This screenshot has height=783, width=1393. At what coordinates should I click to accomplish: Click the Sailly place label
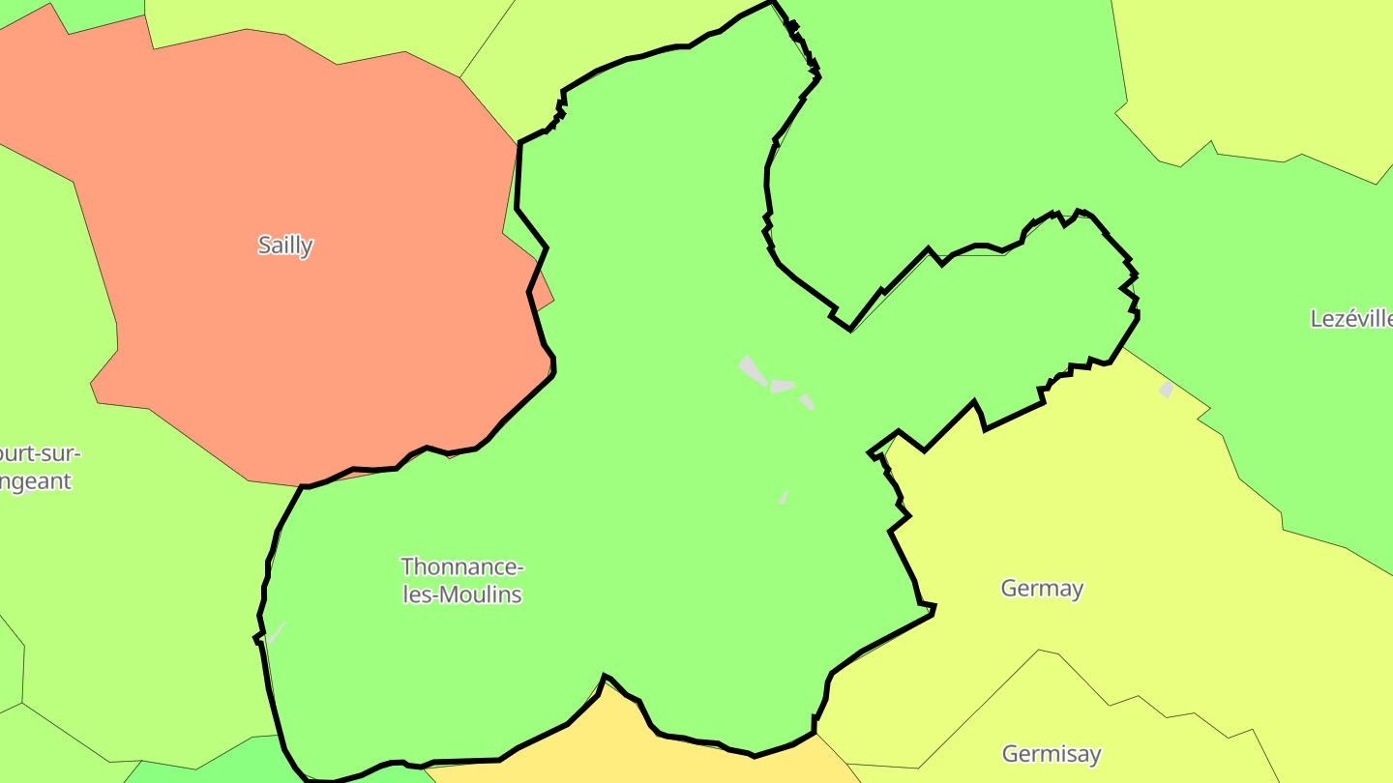(x=285, y=246)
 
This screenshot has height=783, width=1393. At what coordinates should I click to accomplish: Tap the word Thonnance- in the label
(x=462, y=566)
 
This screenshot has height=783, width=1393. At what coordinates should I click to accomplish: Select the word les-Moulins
(x=462, y=594)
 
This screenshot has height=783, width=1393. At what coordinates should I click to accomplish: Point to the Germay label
(x=1042, y=588)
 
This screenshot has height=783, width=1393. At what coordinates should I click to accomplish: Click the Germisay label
(x=1052, y=754)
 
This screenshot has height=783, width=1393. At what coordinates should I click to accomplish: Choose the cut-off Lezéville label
(x=1350, y=319)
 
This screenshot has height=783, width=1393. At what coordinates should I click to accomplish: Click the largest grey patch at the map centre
(x=752, y=370)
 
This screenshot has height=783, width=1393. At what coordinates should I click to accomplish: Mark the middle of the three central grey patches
(x=782, y=386)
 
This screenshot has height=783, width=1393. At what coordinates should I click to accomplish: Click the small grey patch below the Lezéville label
(x=1167, y=390)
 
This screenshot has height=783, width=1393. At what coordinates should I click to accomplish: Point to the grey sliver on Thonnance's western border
(x=276, y=634)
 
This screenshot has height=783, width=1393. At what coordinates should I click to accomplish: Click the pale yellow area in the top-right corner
(x=1258, y=68)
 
